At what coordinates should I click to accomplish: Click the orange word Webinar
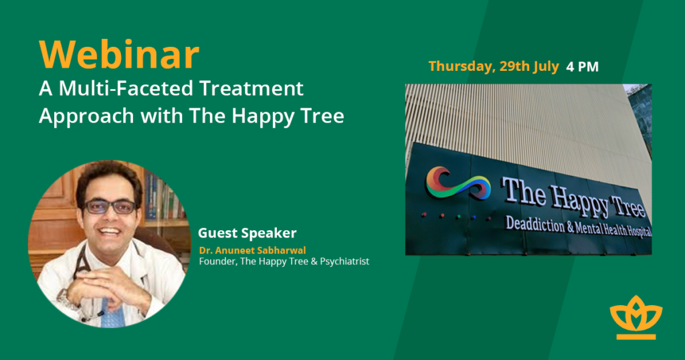[x=119, y=55]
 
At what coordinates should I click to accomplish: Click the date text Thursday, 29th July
[x=493, y=66]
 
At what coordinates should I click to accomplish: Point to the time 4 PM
[x=582, y=67]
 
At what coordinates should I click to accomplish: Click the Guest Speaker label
[x=247, y=233]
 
